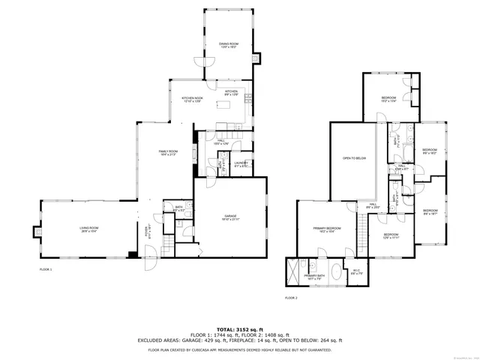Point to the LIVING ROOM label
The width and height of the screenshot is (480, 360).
point(90,229)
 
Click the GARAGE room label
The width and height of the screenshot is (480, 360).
point(229,217)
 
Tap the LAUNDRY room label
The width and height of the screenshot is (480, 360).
point(241,164)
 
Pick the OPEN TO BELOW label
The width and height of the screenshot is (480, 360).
point(353,158)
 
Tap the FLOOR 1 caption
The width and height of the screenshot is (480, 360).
point(46,268)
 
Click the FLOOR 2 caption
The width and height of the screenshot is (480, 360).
point(291,298)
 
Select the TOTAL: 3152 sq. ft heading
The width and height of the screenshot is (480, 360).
point(240,328)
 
